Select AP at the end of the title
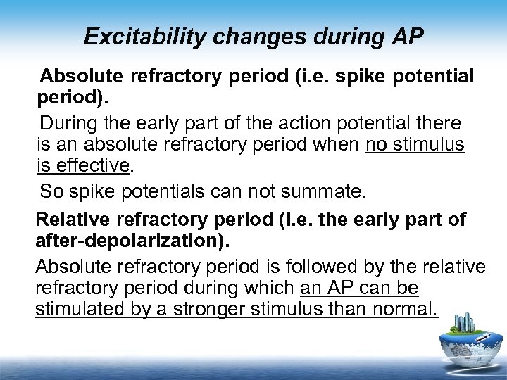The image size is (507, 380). click(408, 37)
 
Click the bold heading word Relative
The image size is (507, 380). click(69, 220)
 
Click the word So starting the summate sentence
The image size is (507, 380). click(51, 191)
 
